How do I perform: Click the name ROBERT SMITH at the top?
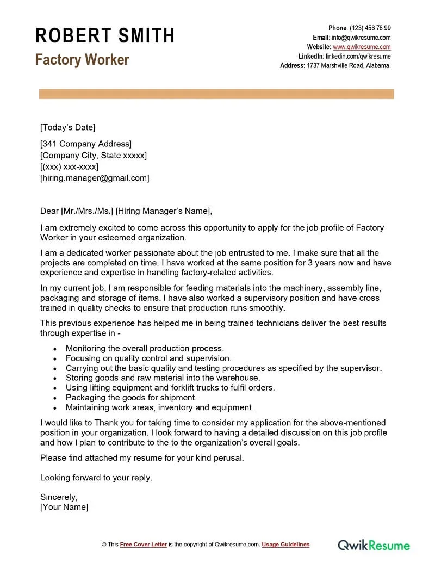[x=105, y=36]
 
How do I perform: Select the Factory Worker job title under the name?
[x=82, y=59]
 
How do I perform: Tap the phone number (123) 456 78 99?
[x=370, y=28]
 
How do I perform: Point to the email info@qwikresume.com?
[x=362, y=38]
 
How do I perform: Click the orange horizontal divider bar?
[x=216, y=94]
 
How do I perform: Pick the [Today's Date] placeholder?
[x=67, y=127]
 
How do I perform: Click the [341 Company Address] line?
[x=85, y=144]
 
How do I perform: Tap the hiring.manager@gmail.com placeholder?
[x=94, y=178]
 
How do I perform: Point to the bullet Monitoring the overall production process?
[x=145, y=348]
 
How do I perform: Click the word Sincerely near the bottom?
[x=59, y=497]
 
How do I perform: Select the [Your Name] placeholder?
[x=64, y=507]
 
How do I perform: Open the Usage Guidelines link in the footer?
[x=285, y=545]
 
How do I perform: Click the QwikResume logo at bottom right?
[x=374, y=545]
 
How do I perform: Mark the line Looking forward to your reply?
[x=96, y=478]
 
